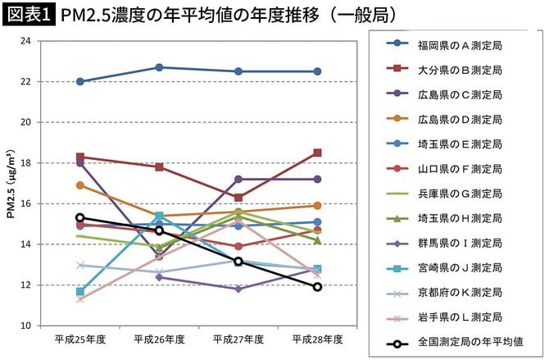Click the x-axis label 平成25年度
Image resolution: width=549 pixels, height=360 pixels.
[x=79, y=339]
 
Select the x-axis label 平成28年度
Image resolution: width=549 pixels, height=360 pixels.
[x=317, y=339]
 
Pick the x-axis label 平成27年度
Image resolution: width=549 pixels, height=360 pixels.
[x=238, y=339]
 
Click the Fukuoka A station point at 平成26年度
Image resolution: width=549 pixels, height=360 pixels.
[x=159, y=67]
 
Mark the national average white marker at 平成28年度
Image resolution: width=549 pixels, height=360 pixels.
[x=317, y=287]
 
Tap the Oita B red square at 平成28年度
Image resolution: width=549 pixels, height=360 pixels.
[x=317, y=153]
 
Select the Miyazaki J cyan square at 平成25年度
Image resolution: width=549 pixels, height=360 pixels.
[x=79, y=291]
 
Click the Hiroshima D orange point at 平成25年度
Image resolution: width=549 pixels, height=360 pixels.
[x=79, y=185]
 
